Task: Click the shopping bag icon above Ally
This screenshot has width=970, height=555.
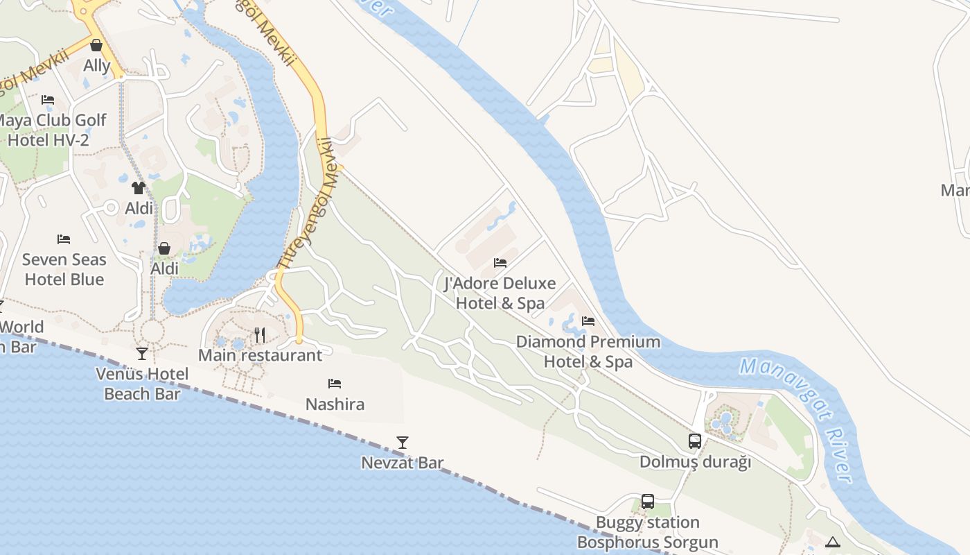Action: [x=96, y=46]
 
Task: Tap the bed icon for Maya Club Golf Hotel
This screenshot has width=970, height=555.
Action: [x=48, y=100]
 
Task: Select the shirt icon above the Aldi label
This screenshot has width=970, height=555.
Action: [x=139, y=187]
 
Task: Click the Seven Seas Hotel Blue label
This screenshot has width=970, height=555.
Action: [x=64, y=269]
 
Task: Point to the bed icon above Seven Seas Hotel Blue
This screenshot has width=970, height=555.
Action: [x=64, y=239]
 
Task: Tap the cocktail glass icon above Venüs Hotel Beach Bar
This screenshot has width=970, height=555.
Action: [x=142, y=354]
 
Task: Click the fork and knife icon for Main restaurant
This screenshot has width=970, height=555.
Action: [x=260, y=335]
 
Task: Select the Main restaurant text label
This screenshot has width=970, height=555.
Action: [x=260, y=355]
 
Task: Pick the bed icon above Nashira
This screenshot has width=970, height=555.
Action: [x=335, y=384]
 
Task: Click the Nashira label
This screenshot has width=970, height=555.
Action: [x=335, y=404]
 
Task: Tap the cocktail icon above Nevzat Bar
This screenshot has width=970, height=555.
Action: [x=403, y=443]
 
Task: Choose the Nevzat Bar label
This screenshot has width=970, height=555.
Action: [x=403, y=462]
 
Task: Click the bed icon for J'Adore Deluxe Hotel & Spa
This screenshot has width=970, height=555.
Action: [x=500, y=263]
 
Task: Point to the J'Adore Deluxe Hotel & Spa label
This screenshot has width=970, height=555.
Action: [x=500, y=293]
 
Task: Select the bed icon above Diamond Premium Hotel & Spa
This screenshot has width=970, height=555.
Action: [x=588, y=321]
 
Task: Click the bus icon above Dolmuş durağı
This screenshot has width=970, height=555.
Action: [x=695, y=441]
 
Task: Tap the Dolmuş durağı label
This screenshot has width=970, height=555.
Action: [x=695, y=461]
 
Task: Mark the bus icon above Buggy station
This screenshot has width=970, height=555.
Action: [x=648, y=502]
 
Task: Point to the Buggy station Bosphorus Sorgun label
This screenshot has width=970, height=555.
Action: [x=648, y=532]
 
